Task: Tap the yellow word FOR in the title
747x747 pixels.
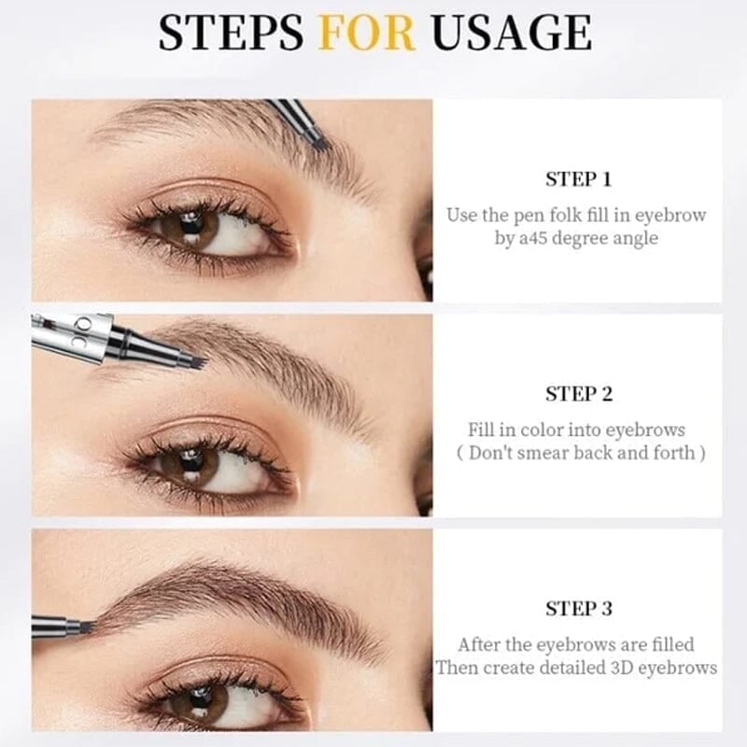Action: point(366,33)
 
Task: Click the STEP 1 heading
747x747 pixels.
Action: point(579,179)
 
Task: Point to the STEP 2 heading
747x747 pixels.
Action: point(579,394)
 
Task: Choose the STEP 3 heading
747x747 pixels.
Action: point(579,609)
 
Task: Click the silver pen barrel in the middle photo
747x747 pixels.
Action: point(70,336)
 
